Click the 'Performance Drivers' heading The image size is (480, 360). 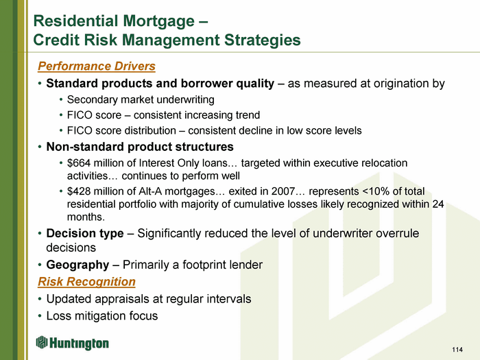97,67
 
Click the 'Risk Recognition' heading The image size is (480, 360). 86,282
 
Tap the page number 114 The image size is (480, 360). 457,349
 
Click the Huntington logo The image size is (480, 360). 72,343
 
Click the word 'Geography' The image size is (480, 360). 77,265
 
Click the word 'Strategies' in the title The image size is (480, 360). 263,40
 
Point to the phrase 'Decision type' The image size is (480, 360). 85,233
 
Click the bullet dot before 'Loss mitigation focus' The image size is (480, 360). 40,316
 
